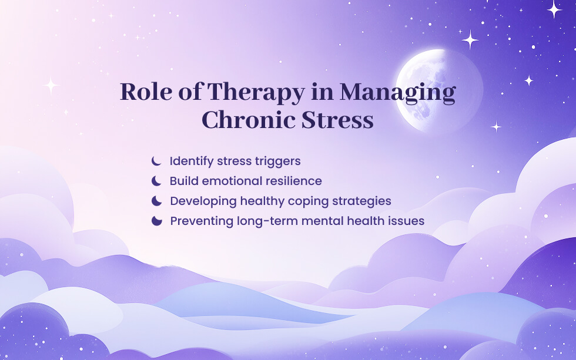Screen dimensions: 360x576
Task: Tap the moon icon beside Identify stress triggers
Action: point(156,160)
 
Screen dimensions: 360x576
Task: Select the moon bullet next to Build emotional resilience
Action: point(156,181)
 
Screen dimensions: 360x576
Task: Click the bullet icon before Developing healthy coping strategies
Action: point(156,201)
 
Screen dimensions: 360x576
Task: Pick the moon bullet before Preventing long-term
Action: point(156,221)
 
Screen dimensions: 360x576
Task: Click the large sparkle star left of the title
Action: point(52,86)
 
